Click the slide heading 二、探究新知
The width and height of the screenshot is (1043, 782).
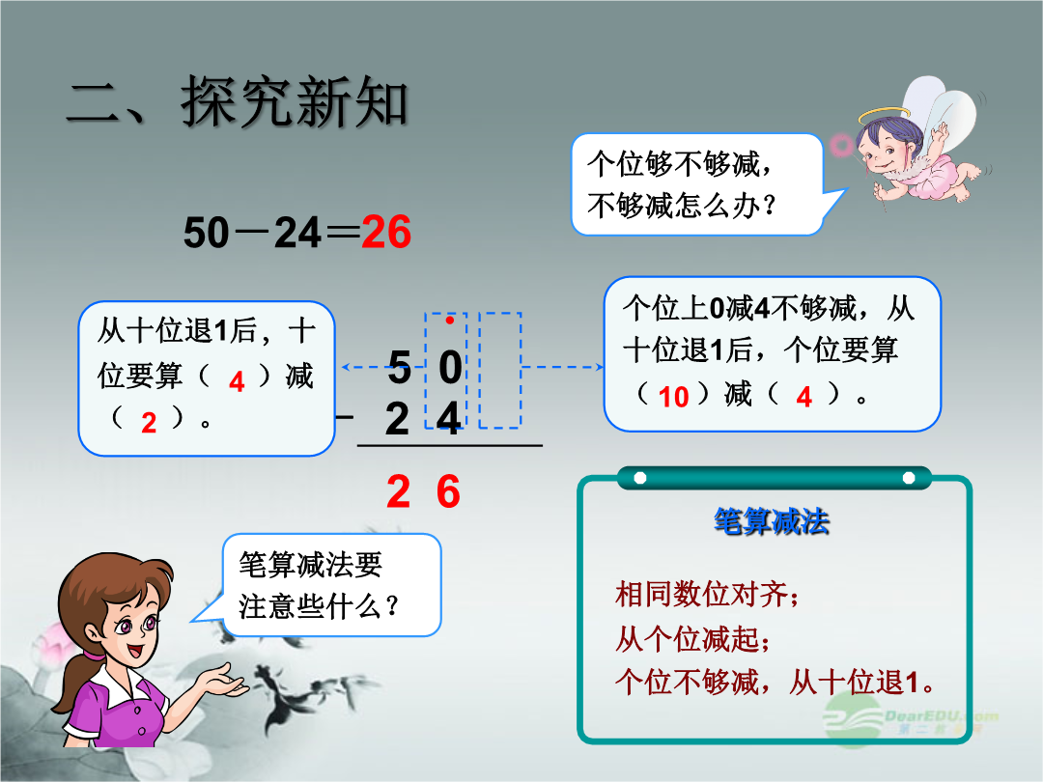[x=237, y=101]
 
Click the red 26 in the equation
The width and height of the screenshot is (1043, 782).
[x=385, y=232]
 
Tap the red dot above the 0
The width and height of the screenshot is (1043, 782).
[x=450, y=321]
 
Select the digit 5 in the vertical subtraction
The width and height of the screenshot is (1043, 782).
[x=399, y=367]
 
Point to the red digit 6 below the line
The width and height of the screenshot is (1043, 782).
[x=448, y=492]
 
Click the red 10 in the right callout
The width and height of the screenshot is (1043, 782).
[x=673, y=397]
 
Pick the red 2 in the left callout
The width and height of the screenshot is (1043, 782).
[x=149, y=423]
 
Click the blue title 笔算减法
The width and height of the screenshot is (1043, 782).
[x=772, y=520]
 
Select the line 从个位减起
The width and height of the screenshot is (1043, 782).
[x=692, y=638]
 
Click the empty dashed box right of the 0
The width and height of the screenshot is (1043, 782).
[x=499, y=370]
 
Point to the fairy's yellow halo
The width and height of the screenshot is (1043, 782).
[x=884, y=116]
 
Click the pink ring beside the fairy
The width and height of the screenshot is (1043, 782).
[x=841, y=144]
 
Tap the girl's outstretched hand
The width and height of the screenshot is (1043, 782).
[x=224, y=681]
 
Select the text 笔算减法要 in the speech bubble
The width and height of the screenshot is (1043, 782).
[x=311, y=565]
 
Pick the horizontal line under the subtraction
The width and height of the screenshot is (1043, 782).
[x=450, y=445]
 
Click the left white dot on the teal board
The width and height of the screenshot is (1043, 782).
[x=640, y=478]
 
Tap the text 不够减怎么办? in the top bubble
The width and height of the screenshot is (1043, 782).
[x=682, y=206]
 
